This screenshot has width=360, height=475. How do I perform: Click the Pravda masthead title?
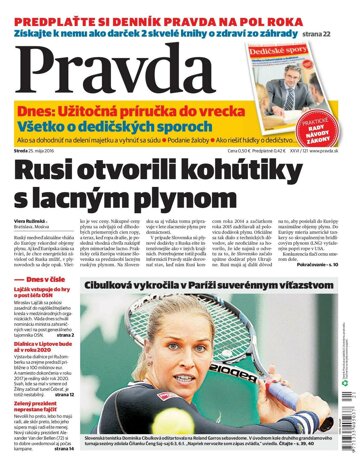[x=110, y=72]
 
